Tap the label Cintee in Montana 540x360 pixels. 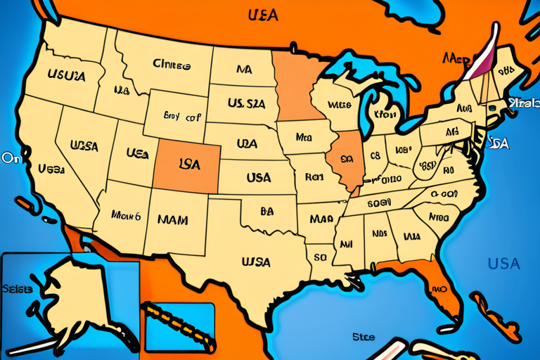pos(172,65)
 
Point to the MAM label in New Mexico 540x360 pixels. pos(172,219)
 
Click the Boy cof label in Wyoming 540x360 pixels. pos(181,116)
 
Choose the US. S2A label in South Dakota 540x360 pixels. pos(246,103)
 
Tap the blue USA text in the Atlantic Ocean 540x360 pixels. pos(503,264)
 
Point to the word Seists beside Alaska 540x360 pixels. pos(18,289)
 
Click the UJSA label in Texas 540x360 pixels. pos(256,262)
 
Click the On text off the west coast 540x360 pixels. pos(11,158)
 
